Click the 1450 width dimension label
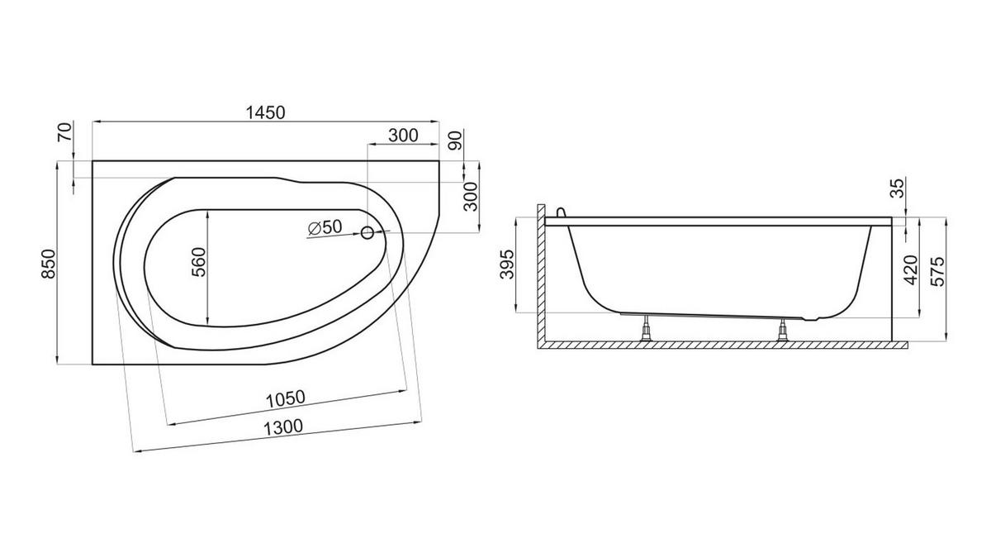tap(265, 113)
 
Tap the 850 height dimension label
tap(49, 264)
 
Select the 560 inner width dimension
tap(199, 262)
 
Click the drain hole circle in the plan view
tap(367, 232)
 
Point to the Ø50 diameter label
tap(325, 228)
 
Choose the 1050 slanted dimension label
tap(286, 398)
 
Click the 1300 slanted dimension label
tap(283, 427)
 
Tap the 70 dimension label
tap(64, 132)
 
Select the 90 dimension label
tap(455, 140)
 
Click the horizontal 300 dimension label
tap(403, 136)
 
